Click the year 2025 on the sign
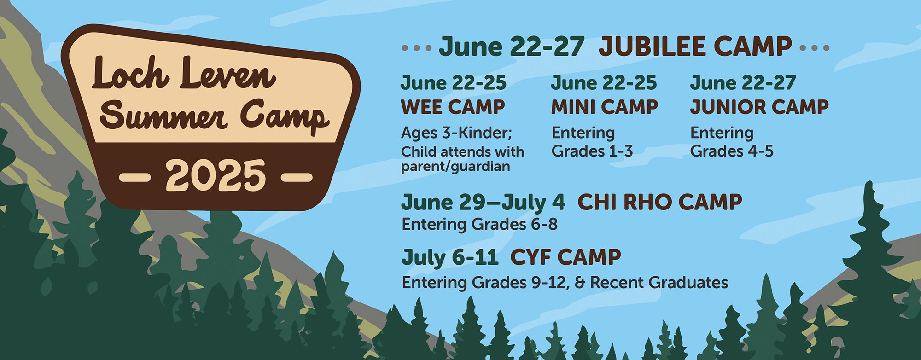pyautogui.click(x=216, y=175)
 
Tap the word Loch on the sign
pyautogui.click(x=130, y=74)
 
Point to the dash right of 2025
pyautogui.click(x=297, y=177)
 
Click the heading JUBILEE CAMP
pyautogui.click(x=695, y=46)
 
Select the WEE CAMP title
pyautogui.click(x=453, y=107)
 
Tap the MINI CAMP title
pyautogui.click(x=605, y=107)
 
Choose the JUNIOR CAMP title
pyautogui.click(x=759, y=107)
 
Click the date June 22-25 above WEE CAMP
pyautogui.click(x=454, y=83)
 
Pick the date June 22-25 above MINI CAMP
pyautogui.click(x=604, y=83)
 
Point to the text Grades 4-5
pyautogui.click(x=732, y=151)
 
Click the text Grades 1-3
pyautogui.click(x=592, y=151)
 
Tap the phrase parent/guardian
pyautogui.click(x=455, y=166)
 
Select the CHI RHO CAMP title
pyautogui.click(x=659, y=202)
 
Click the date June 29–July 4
pyautogui.click(x=483, y=203)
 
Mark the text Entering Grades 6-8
pyautogui.click(x=479, y=224)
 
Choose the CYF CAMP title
pyautogui.click(x=566, y=257)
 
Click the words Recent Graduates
pyautogui.click(x=659, y=282)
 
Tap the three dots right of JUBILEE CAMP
pyautogui.click(x=815, y=47)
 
